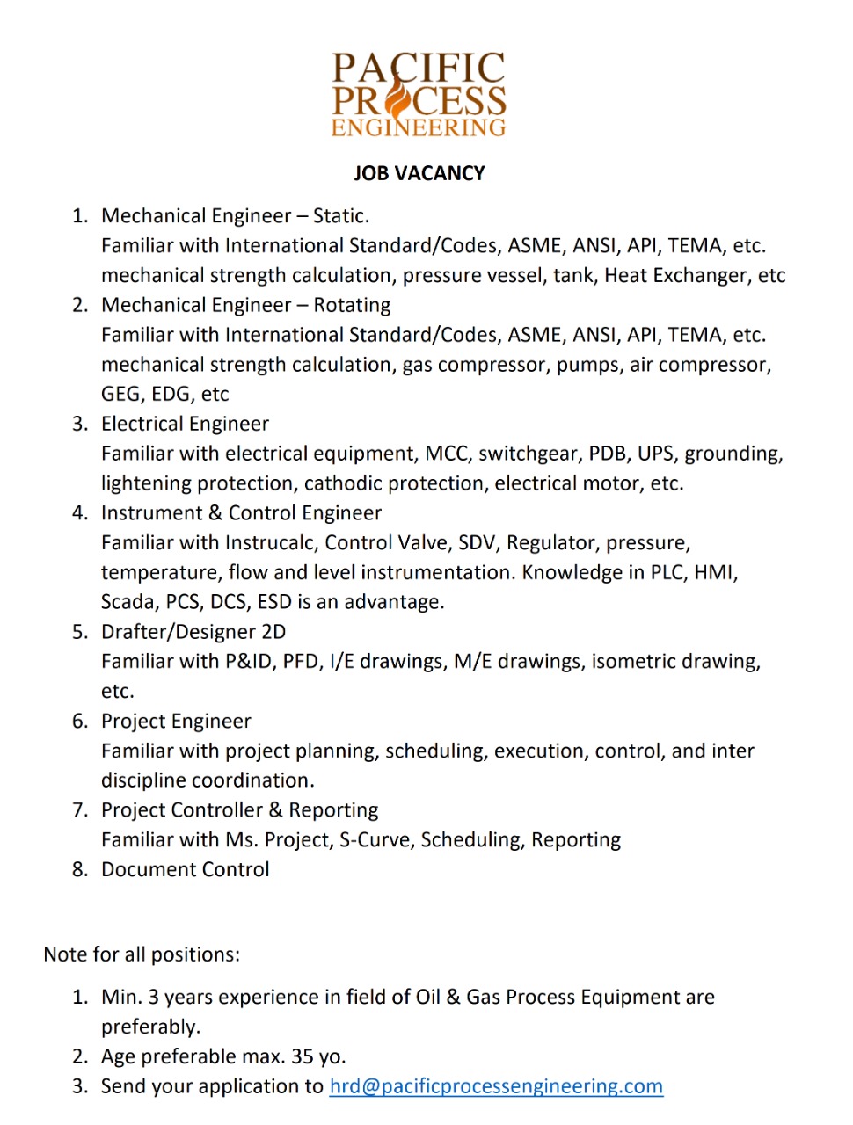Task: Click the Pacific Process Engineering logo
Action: (x=419, y=95)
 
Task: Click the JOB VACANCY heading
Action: (x=419, y=173)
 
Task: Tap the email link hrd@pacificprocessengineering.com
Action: (x=496, y=1086)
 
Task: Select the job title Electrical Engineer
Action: (x=185, y=424)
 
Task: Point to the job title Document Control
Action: (x=185, y=869)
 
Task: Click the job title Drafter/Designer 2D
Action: (x=193, y=632)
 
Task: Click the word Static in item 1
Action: (x=339, y=216)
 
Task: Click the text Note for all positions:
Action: (x=142, y=954)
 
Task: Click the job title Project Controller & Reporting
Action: (x=239, y=810)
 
